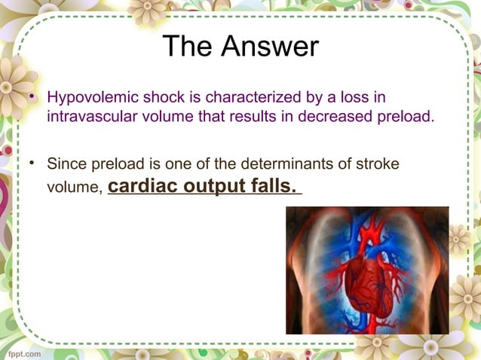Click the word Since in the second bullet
click(66, 163)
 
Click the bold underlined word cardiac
click(142, 185)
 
